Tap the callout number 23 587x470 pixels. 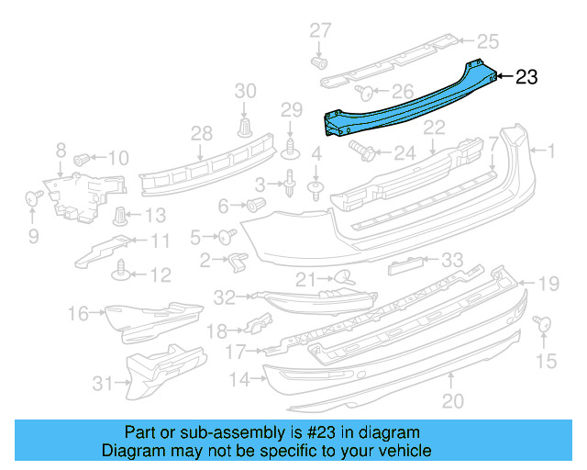pos(526,78)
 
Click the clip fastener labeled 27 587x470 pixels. pos(320,63)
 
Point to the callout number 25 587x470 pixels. pos(487,40)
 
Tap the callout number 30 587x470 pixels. pos(246,90)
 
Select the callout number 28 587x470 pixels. pos(201,135)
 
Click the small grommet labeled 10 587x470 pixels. pos(81,158)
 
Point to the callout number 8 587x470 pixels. pos(61,149)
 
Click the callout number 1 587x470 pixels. pos(552,149)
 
